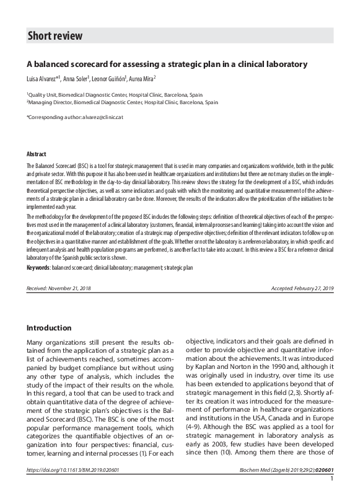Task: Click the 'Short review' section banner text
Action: point(55,36)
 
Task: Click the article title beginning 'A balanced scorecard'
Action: point(167,64)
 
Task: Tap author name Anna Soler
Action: point(77,79)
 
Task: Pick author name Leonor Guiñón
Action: point(110,79)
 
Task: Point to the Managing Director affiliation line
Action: point(122,102)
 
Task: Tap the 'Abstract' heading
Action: point(37,154)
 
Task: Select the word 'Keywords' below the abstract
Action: point(39,267)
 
